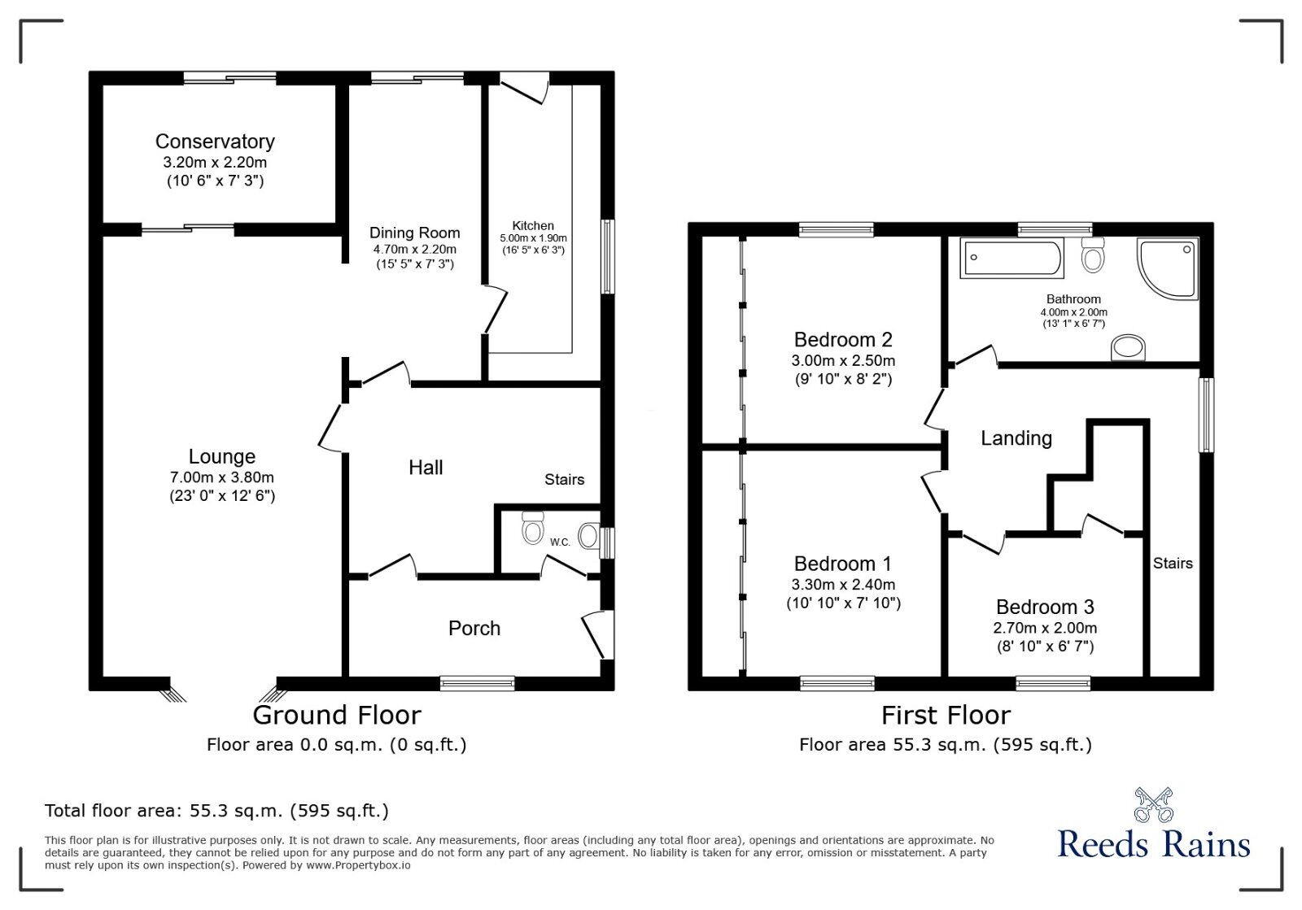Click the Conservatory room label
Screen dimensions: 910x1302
pos(215,142)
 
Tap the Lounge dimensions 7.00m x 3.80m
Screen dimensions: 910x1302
pos(221,477)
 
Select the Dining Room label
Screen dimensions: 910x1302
pos(414,233)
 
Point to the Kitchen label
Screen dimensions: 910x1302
pos(533,225)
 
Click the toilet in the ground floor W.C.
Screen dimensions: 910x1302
pos(532,528)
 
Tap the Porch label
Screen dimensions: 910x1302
pos(474,628)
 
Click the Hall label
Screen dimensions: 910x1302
pos(426,467)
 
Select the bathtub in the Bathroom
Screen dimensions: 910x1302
pos(1011,259)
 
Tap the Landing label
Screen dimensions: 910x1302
pos(1016,438)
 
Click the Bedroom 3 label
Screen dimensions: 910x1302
pos(1045,607)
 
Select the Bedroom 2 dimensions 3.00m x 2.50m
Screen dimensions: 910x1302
pos(843,360)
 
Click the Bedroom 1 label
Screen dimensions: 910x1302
pos(843,564)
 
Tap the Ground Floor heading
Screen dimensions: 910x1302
pos(337,715)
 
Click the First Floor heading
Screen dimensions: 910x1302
pos(946,715)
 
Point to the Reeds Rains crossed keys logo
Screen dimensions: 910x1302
pos(1153,804)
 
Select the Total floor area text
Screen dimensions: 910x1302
pos(216,810)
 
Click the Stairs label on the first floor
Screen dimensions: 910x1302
pos(1172,563)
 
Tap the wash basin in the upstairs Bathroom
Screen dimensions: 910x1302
pos(1129,348)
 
